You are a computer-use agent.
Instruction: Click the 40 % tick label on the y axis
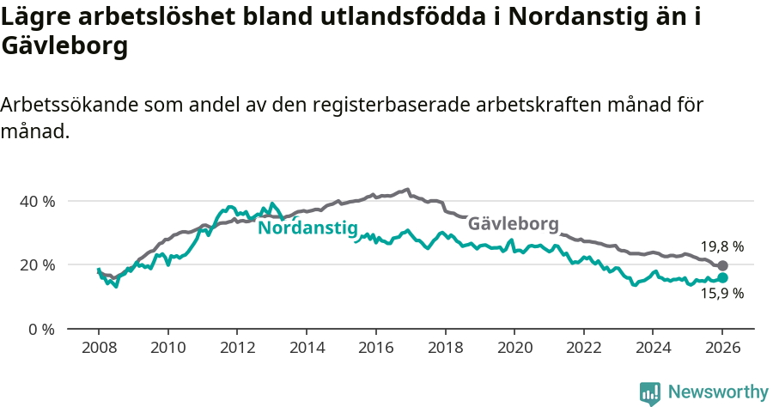pos(37,201)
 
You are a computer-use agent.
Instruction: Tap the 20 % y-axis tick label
pos(37,264)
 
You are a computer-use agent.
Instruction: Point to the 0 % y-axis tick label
pos(40,329)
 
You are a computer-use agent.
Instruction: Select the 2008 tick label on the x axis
pos(98,348)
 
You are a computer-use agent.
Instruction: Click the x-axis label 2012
pos(237,348)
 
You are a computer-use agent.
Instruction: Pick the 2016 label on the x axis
pos(375,348)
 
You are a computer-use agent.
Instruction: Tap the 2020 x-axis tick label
pos(514,348)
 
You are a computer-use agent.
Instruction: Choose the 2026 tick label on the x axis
pos(722,348)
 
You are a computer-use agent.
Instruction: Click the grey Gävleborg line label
pos(513,223)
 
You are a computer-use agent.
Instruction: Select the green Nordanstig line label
pos(307,228)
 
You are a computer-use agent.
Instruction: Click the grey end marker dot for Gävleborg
pos(722,266)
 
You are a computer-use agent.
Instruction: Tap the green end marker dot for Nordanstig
pos(722,278)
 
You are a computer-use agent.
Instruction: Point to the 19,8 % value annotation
pos(721,246)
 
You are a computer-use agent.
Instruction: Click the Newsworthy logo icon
pos(650,392)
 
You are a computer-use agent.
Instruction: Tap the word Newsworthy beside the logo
pos(718,392)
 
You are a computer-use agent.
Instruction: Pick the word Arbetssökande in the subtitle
pos(70,105)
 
